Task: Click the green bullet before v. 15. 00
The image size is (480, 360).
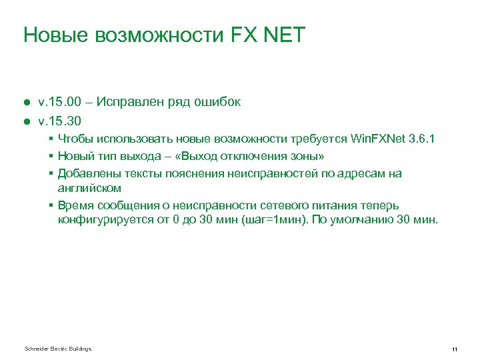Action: pos(26,103)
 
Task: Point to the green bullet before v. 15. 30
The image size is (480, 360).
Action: pos(26,121)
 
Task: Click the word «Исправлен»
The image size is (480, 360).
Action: pos(129,103)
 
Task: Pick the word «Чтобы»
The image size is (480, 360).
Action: pos(75,139)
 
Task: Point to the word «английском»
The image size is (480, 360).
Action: pos(89,188)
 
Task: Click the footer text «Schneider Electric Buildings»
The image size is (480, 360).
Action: pos(57,349)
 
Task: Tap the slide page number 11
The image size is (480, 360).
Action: pos(454,349)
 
